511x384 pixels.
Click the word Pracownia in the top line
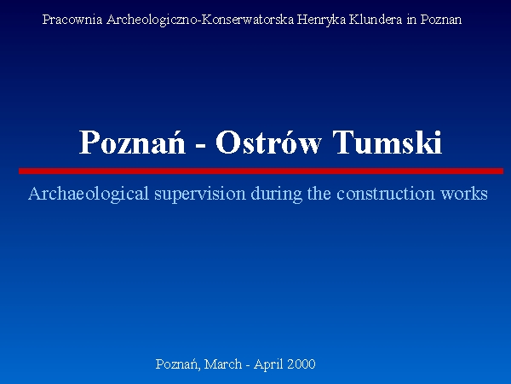click(72, 20)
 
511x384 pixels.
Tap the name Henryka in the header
click(321, 20)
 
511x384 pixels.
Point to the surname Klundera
click(376, 20)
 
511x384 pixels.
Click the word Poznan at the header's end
click(441, 20)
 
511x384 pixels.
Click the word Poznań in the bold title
click(133, 142)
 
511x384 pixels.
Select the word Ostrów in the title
click(268, 142)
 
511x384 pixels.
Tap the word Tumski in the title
click(388, 142)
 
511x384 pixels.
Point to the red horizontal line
click(261, 171)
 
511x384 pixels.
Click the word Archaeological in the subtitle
click(89, 195)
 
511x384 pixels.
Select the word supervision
click(200, 195)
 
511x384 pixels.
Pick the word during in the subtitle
click(277, 195)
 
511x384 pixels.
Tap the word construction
click(386, 194)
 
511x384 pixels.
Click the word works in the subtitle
click(464, 194)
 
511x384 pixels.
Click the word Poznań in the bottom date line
click(178, 364)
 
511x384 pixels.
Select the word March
click(223, 364)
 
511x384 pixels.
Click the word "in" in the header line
click(411, 20)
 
